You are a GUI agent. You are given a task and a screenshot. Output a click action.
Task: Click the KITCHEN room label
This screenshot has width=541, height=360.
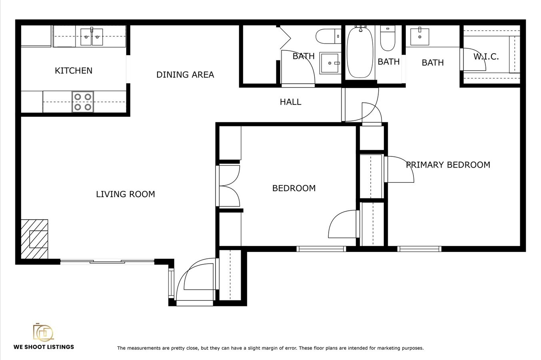point(74,71)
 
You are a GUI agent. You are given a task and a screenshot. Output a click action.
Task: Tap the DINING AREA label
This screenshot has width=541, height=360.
point(185,75)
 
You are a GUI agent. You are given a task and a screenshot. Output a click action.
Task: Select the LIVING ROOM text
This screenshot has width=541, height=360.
point(126,194)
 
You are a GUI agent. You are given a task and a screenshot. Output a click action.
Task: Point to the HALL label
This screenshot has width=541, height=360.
point(290,102)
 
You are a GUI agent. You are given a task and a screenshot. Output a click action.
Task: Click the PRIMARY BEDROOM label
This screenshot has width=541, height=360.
point(448,165)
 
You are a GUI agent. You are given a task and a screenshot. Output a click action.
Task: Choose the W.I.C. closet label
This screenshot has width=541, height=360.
point(486,57)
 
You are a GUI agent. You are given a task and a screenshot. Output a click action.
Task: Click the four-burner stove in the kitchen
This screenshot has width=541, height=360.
point(83,102)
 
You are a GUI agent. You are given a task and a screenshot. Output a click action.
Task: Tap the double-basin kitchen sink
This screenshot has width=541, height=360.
point(92,37)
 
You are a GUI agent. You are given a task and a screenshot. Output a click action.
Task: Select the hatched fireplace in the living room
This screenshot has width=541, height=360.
point(35,239)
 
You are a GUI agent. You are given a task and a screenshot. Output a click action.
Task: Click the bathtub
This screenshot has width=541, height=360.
point(360,52)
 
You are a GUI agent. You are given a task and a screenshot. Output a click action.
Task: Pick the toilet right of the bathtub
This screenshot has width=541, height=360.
point(387,38)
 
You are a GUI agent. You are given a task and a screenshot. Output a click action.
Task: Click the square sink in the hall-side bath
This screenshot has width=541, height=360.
point(330,63)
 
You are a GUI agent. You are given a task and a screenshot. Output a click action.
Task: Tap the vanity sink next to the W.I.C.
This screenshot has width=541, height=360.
point(420,36)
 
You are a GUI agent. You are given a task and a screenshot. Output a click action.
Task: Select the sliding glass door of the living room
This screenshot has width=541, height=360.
point(107,262)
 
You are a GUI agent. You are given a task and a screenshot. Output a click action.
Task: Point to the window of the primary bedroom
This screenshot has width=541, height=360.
point(419,249)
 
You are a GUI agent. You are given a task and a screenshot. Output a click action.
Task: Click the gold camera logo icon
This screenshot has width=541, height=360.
point(43,332)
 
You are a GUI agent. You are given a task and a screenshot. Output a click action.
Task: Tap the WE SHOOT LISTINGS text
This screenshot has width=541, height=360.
point(44,347)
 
